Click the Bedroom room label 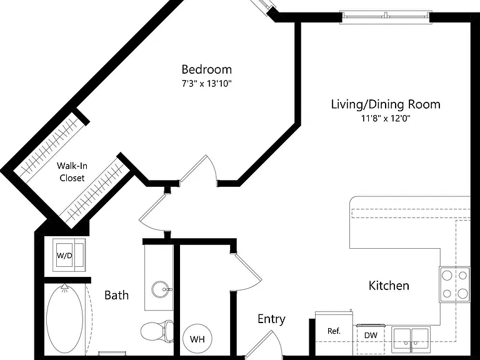click(207, 69)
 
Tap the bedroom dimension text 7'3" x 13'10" click(207, 83)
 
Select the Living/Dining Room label click(386, 104)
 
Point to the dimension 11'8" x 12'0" click(386, 118)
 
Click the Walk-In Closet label click(72, 172)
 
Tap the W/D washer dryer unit click(69, 255)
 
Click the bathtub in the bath click(64, 318)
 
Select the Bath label click(116, 295)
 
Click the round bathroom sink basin click(161, 289)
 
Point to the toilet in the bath click(157, 331)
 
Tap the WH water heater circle click(197, 339)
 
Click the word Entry click(271, 319)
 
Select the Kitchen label click(389, 285)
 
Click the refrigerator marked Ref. click(334, 332)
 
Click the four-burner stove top click(454, 284)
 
